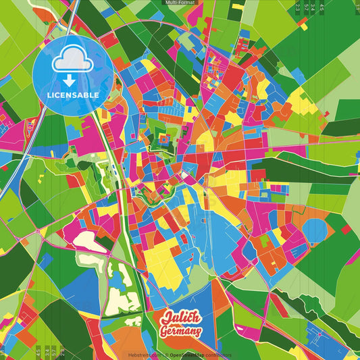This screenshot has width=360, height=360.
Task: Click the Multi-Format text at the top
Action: (180, 3)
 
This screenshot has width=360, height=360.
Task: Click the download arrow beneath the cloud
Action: (73, 80)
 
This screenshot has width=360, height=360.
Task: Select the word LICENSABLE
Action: (73, 95)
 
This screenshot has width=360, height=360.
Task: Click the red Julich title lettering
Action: (180, 318)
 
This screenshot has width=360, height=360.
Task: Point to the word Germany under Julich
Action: (180, 332)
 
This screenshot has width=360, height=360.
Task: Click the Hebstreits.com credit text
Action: (143, 355)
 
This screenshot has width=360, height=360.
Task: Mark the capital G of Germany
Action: (164, 332)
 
